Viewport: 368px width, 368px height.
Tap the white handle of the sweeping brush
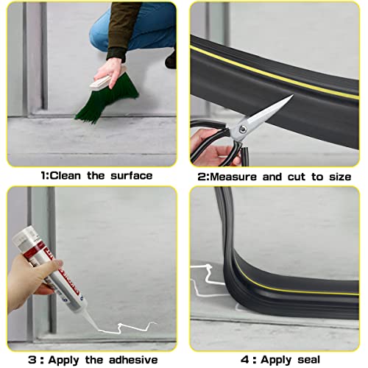click(110, 72)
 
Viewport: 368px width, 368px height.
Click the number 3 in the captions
click(32, 360)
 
